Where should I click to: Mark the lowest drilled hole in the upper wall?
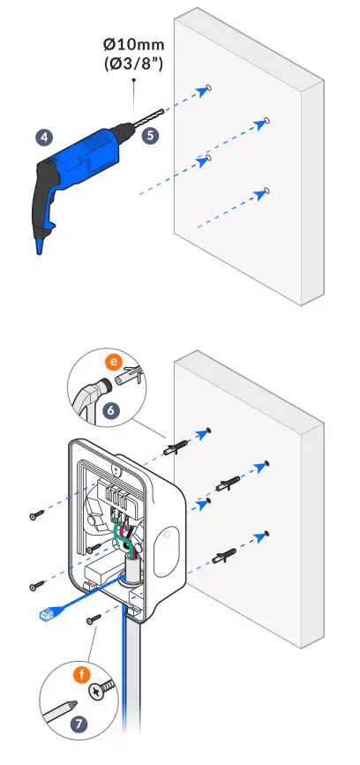point(266,191)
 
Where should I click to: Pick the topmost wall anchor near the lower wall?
point(176,448)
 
